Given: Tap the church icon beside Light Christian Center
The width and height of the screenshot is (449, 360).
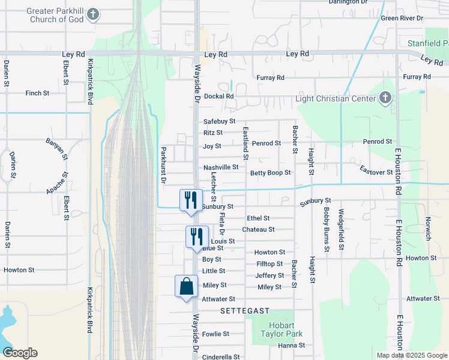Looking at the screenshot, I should pos(385,98).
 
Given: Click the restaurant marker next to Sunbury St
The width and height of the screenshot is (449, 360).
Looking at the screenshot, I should pos(191,200).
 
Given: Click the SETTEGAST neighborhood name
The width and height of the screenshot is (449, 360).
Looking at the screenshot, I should pos(244,311).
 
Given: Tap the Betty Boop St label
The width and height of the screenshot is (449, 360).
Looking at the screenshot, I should pos(270,173).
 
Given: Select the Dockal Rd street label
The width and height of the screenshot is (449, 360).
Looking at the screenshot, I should pos(218,96).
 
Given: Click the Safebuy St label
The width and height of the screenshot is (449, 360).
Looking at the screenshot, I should pos(219,121).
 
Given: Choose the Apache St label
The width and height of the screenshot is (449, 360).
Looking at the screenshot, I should pos(58,183).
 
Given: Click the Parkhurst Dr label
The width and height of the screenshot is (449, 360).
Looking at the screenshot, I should pos(163,164).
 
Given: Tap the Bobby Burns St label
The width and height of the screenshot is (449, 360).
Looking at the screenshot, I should pos(327,229).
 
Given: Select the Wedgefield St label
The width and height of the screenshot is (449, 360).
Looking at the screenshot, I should pos(341,229).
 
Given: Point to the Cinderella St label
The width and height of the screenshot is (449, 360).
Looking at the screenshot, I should pos(221,356).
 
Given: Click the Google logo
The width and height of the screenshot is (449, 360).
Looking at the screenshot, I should pos(20,353).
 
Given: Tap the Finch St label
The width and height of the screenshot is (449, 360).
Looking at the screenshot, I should pos(37,93).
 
